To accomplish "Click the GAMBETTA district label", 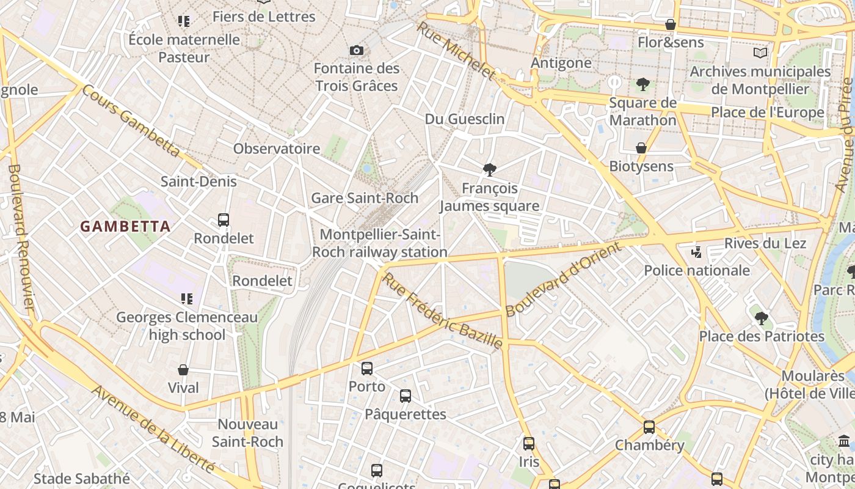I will tap(125, 226).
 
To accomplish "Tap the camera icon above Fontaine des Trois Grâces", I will tap(357, 50).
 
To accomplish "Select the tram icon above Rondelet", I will tap(224, 219).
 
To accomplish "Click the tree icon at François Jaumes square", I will tap(489, 170).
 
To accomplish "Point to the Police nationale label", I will tap(697, 270).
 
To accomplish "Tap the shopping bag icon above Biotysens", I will tap(641, 148).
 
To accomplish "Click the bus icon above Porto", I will tap(367, 368).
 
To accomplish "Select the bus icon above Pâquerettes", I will tap(406, 395).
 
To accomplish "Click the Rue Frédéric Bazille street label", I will tap(442, 312).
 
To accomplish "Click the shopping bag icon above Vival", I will tap(183, 370).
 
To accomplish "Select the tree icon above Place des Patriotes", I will tap(762, 318).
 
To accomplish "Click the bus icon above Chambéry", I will tap(649, 427).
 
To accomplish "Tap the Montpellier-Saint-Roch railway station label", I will tap(379, 243).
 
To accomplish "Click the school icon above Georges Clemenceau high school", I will tap(186, 299).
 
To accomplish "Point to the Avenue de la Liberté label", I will tap(153, 429).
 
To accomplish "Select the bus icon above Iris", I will tap(529, 443).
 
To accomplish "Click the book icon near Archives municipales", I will tap(760, 53).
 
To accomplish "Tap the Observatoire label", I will tap(277, 149).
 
